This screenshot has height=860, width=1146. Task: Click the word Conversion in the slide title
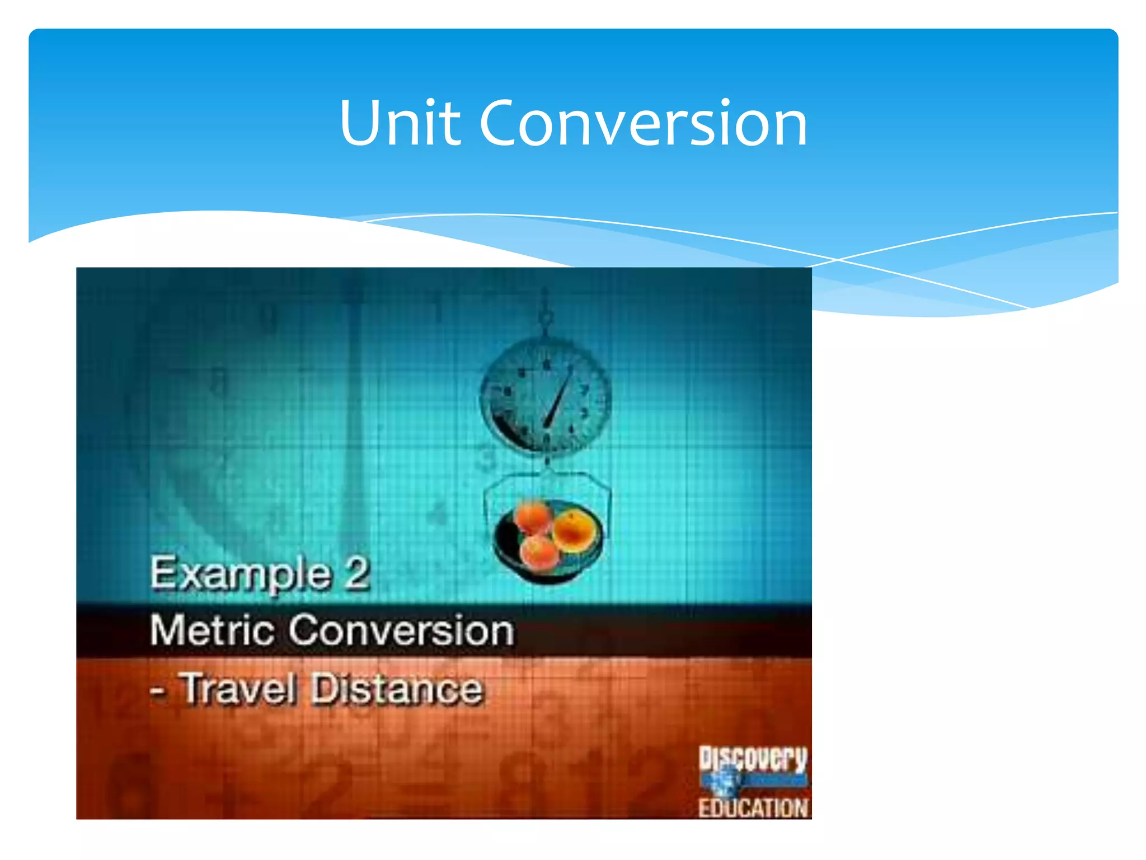(644, 123)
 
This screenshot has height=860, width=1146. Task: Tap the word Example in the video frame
(241, 574)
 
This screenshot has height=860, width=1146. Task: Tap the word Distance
(396, 689)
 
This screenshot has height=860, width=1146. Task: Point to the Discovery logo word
(753, 759)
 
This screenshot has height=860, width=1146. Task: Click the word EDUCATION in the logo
(753, 808)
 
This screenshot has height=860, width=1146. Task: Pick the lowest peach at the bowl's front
(539, 551)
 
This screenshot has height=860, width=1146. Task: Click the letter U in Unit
(361, 123)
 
